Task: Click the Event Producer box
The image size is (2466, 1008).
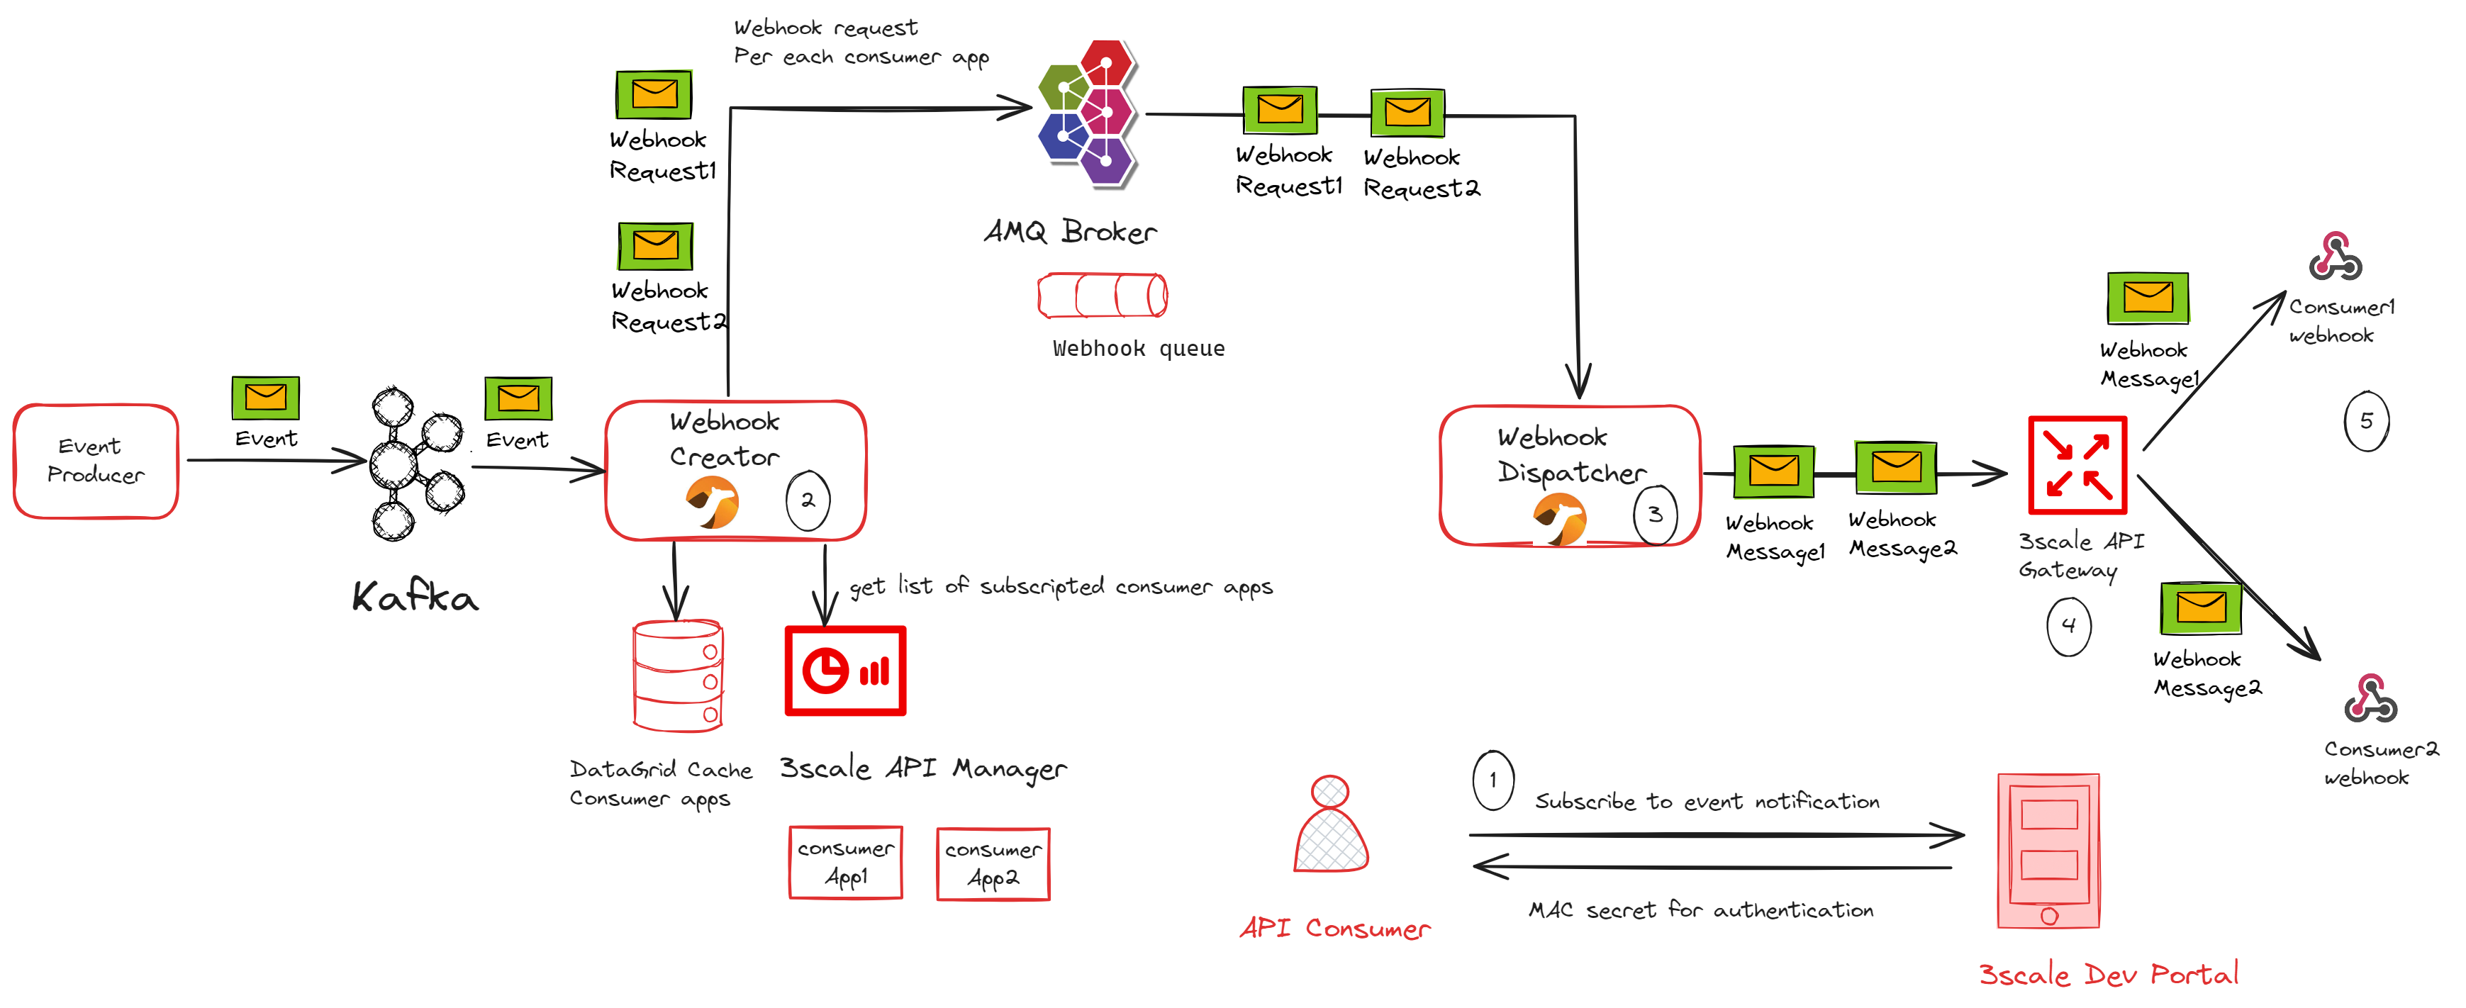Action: click(96, 461)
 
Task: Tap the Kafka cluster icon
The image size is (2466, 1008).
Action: click(415, 464)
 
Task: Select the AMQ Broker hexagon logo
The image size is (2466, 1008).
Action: click(1089, 113)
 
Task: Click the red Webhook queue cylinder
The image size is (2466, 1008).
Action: click(1102, 295)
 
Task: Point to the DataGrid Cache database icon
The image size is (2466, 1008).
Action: click(678, 676)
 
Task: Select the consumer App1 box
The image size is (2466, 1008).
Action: click(845, 863)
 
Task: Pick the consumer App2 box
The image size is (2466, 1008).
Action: click(993, 864)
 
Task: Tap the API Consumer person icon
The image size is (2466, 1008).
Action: click(1331, 825)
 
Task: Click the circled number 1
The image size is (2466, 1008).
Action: click(1493, 780)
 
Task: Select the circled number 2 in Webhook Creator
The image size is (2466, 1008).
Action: click(807, 500)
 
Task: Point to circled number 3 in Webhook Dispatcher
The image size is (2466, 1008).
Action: click(1654, 515)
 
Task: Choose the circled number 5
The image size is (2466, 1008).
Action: click(2365, 421)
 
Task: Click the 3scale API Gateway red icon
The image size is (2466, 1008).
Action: click(2077, 465)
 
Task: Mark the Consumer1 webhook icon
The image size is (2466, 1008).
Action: click(2335, 257)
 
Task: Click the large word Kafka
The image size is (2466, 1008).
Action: click(415, 598)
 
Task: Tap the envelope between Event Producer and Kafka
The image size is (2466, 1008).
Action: click(265, 397)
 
